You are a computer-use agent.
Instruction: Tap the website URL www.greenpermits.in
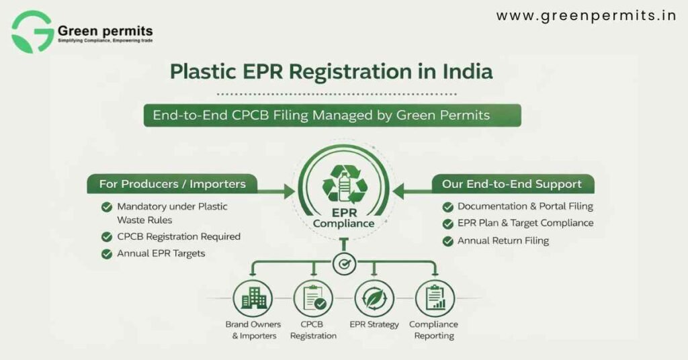(x=586, y=16)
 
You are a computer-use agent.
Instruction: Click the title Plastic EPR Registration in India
(x=332, y=71)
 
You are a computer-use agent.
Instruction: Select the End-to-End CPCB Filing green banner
(x=332, y=115)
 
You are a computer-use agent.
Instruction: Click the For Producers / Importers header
(x=172, y=183)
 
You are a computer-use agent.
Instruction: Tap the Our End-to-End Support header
(x=511, y=183)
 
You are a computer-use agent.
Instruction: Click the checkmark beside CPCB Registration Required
(x=106, y=237)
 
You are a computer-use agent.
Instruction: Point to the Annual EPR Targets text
(x=161, y=254)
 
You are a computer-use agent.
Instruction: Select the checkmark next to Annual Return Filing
(x=447, y=240)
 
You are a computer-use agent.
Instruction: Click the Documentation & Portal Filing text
(x=525, y=206)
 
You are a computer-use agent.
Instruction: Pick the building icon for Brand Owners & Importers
(x=253, y=299)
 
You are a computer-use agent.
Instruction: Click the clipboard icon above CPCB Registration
(x=313, y=299)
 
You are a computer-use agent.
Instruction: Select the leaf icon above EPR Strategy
(x=374, y=299)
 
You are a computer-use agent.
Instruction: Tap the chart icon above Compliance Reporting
(x=435, y=299)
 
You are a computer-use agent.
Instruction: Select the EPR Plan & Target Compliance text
(x=525, y=223)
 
